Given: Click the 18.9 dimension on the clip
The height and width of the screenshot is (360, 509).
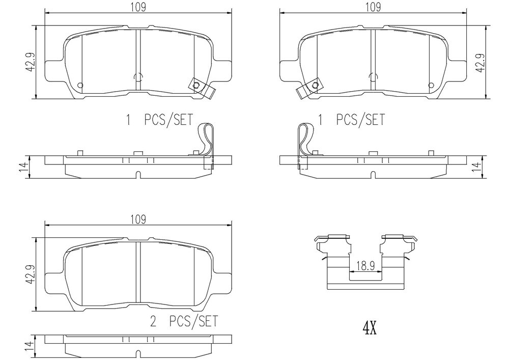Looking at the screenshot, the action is point(365,266).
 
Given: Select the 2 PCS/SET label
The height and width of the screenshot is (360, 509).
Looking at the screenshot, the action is point(184,321).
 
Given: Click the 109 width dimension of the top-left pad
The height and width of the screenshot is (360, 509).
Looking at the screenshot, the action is point(138,7).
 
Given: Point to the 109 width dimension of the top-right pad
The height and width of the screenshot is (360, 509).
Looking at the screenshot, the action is point(373,7).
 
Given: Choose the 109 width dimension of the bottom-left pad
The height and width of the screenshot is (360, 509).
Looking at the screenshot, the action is point(138,219).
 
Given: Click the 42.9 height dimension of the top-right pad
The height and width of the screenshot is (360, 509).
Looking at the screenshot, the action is point(482,62).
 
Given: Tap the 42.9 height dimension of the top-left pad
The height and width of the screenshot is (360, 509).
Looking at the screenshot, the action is point(31,62).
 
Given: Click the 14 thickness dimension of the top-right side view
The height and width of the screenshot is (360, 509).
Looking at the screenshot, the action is point(476,167).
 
